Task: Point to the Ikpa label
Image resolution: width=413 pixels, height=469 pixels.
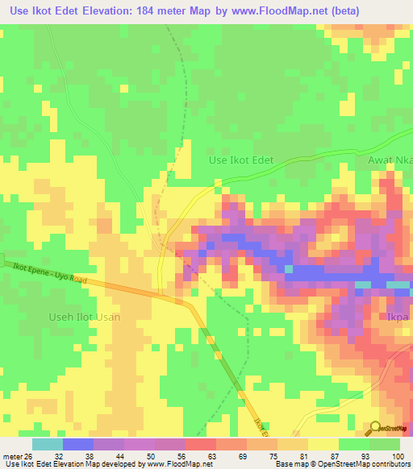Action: click(398, 317)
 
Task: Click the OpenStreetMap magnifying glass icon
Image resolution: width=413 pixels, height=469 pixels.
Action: click(376, 428)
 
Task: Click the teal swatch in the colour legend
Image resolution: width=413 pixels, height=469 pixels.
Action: click(47, 444)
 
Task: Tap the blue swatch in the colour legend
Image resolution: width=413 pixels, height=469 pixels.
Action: click(77, 444)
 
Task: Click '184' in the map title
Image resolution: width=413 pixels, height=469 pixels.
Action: click(157, 10)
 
